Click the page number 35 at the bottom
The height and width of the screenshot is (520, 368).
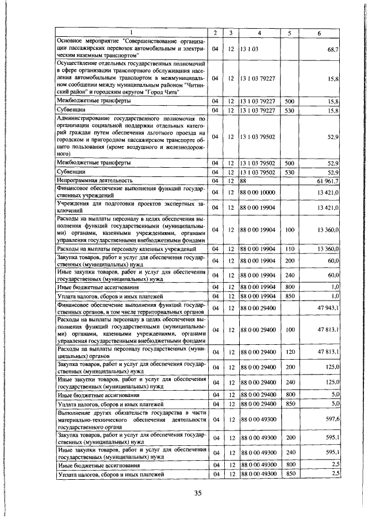point(198,494)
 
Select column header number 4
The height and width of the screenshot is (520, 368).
point(259,33)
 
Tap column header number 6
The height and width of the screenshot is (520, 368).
point(319,33)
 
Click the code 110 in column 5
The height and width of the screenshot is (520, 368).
point(289,249)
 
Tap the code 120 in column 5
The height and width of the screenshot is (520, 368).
point(289,351)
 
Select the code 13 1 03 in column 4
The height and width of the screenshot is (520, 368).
point(250,50)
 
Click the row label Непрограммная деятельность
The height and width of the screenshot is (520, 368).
point(94,180)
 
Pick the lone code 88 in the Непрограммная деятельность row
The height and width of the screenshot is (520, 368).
point(244,180)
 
